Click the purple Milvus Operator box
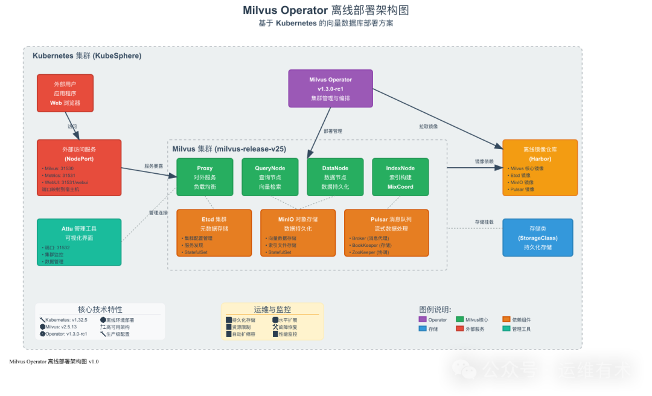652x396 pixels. click(x=330, y=88)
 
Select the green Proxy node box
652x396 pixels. click(x=205, y=177)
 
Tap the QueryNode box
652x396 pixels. click(x=270, y=177)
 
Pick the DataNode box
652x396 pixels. click(x=335, y=177)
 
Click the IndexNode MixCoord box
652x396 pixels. click(x=400, y=177)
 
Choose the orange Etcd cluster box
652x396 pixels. click(x=214, y=233)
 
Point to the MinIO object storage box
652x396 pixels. click(x=298, y=233)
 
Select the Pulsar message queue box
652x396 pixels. click(x=386, y=233)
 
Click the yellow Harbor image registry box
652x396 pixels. click(x=540, y=167)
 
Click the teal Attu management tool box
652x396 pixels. click(x=79, y=241)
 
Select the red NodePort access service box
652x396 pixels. click(x=79, y=167)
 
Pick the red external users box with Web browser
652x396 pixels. click(x=65, y=94)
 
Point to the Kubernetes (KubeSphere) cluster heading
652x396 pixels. click(x=86, y=56)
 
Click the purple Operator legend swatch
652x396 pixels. click(x=423, y=319)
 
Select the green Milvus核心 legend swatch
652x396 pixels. click(x=460, y=319)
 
